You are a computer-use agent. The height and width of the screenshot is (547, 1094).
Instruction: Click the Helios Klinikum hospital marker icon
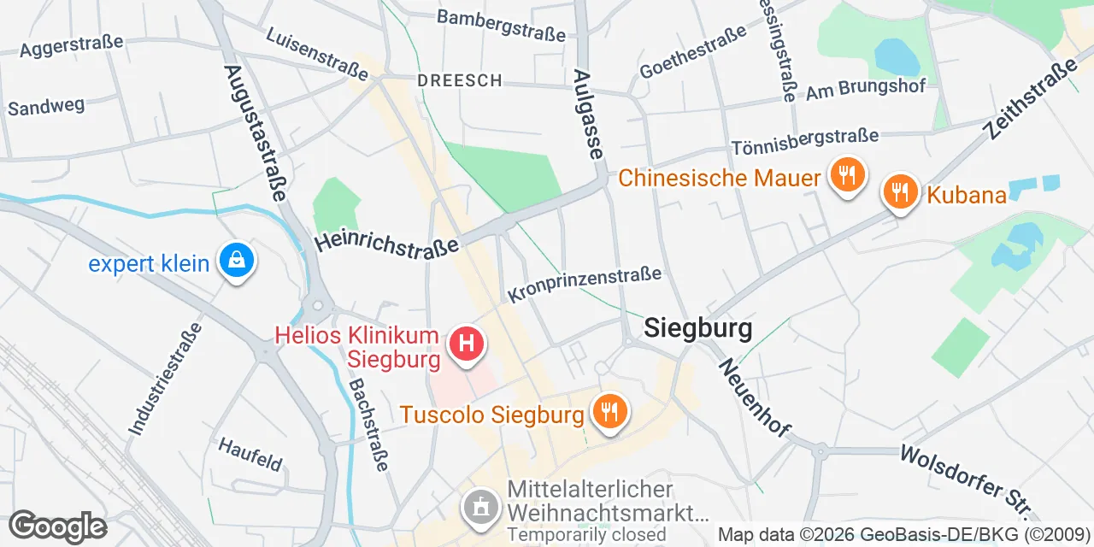coord(467,346)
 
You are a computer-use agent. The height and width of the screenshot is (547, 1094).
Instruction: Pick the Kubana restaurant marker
coord(899,193)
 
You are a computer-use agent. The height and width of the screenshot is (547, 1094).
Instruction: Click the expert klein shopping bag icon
coord(234,262)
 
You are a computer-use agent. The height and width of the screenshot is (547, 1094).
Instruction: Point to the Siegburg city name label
coord(698,328)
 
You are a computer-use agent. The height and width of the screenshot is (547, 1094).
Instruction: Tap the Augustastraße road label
coord(255,132)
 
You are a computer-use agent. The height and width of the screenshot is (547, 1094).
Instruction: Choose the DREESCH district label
coord(459,80)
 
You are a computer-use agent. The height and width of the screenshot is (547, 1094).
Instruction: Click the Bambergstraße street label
coord(501,26)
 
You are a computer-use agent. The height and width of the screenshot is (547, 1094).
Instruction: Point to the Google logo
coord(57,526)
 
